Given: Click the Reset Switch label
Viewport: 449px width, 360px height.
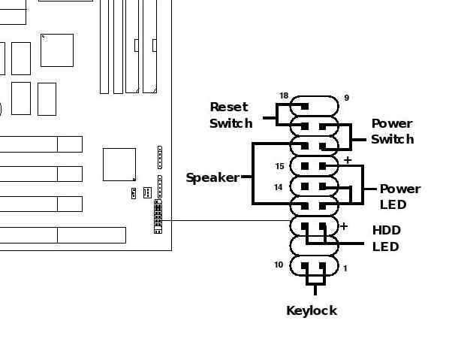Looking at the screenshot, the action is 231,115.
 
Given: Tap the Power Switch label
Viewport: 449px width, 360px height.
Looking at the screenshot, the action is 392,132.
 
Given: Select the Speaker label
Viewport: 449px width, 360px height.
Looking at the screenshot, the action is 212,177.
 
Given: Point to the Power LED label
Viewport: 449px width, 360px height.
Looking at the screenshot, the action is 400,197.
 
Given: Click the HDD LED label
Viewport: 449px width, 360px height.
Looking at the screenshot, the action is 386,238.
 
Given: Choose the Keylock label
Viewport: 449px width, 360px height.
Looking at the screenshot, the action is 312,310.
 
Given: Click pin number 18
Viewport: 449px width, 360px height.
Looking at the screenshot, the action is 284,95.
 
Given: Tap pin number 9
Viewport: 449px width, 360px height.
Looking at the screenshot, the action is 346,98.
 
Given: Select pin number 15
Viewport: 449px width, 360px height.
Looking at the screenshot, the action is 280,166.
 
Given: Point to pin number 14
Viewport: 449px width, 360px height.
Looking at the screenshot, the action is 279,187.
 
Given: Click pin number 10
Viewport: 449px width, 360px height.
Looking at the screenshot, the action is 279,265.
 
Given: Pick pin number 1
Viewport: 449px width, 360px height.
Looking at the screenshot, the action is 345,268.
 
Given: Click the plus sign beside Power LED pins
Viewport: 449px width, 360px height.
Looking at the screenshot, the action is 348,160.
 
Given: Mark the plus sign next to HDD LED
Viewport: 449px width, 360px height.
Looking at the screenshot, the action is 344,226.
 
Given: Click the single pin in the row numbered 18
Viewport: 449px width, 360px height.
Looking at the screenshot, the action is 305,107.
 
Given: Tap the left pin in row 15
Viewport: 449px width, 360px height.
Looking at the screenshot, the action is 305,166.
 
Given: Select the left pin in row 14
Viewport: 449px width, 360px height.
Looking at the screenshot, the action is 305,187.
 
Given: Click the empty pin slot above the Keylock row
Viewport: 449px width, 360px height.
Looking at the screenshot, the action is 314,246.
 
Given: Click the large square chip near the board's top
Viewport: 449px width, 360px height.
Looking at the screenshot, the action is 57,50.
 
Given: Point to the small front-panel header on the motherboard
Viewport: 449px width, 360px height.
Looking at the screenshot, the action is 158,216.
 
